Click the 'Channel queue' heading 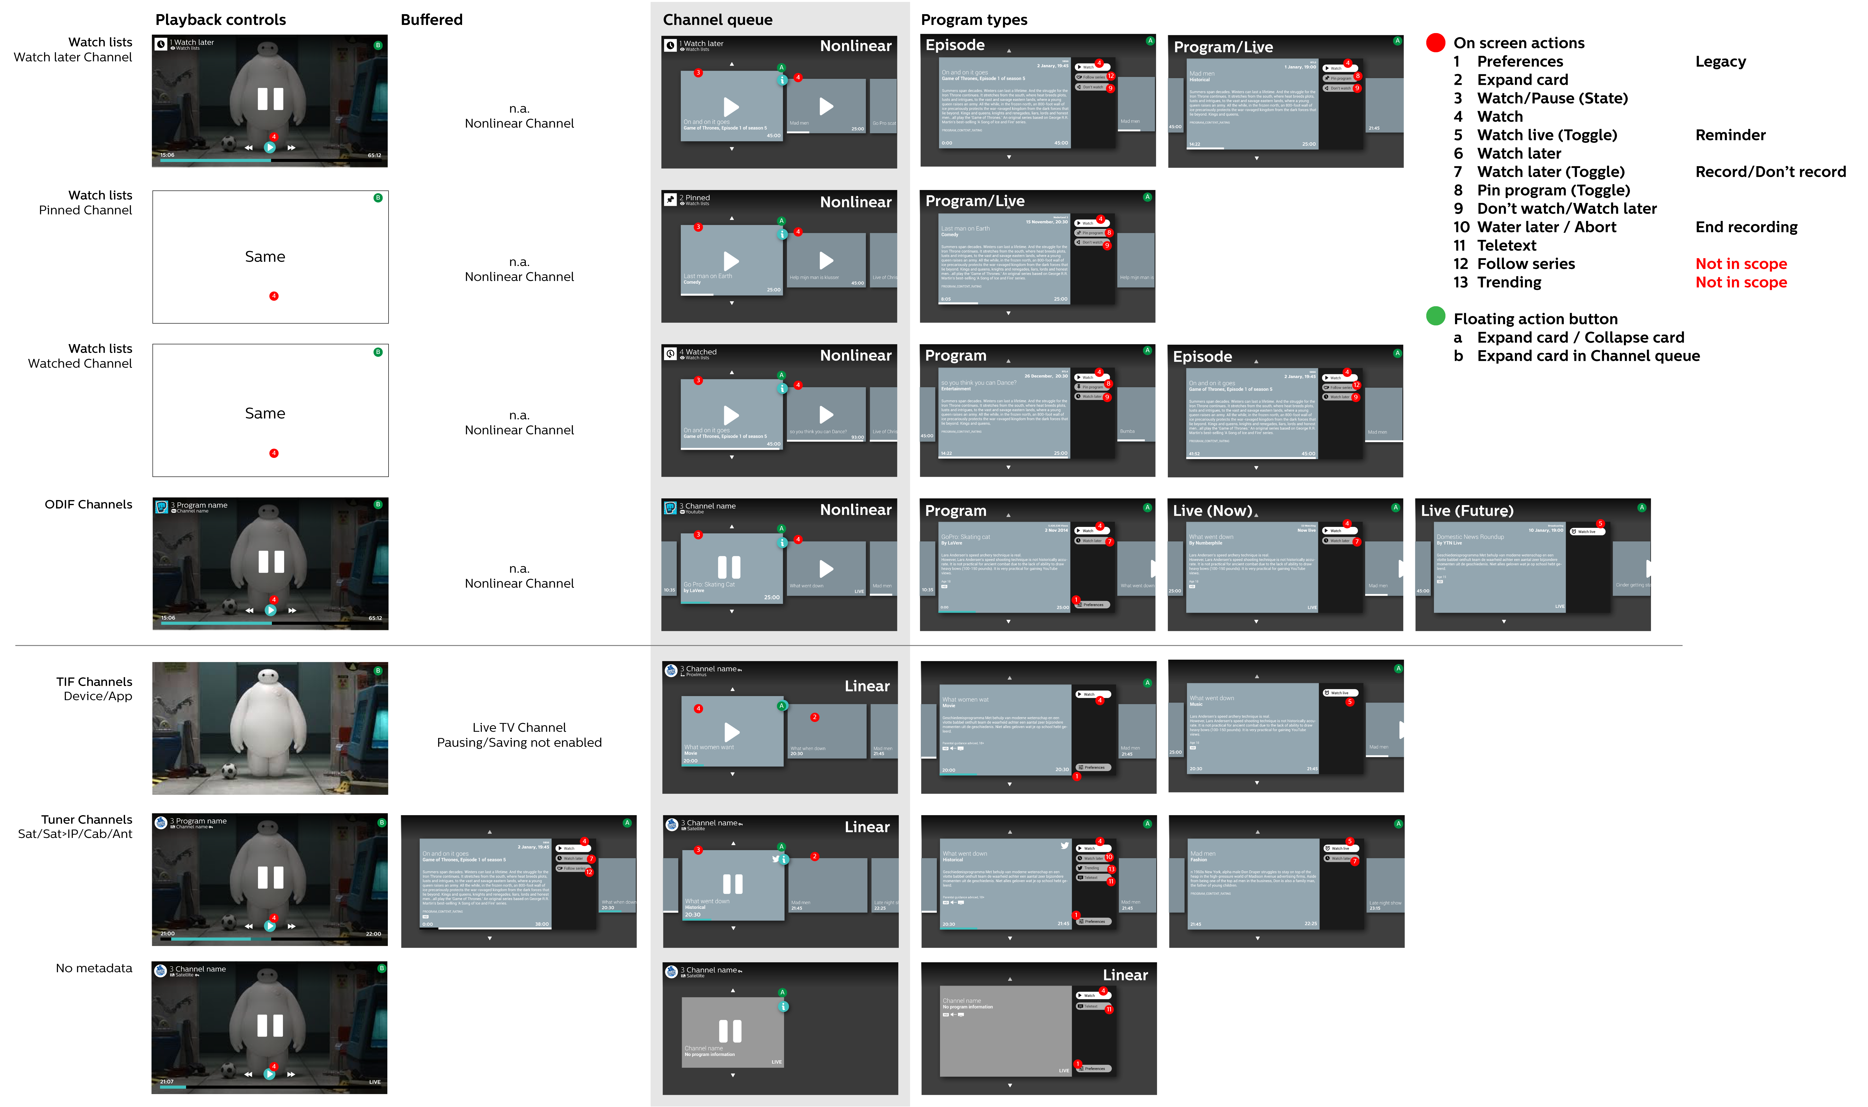tap(717, 20)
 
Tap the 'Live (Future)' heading tap(1467, 511)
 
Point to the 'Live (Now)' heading tap(1212, 511)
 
